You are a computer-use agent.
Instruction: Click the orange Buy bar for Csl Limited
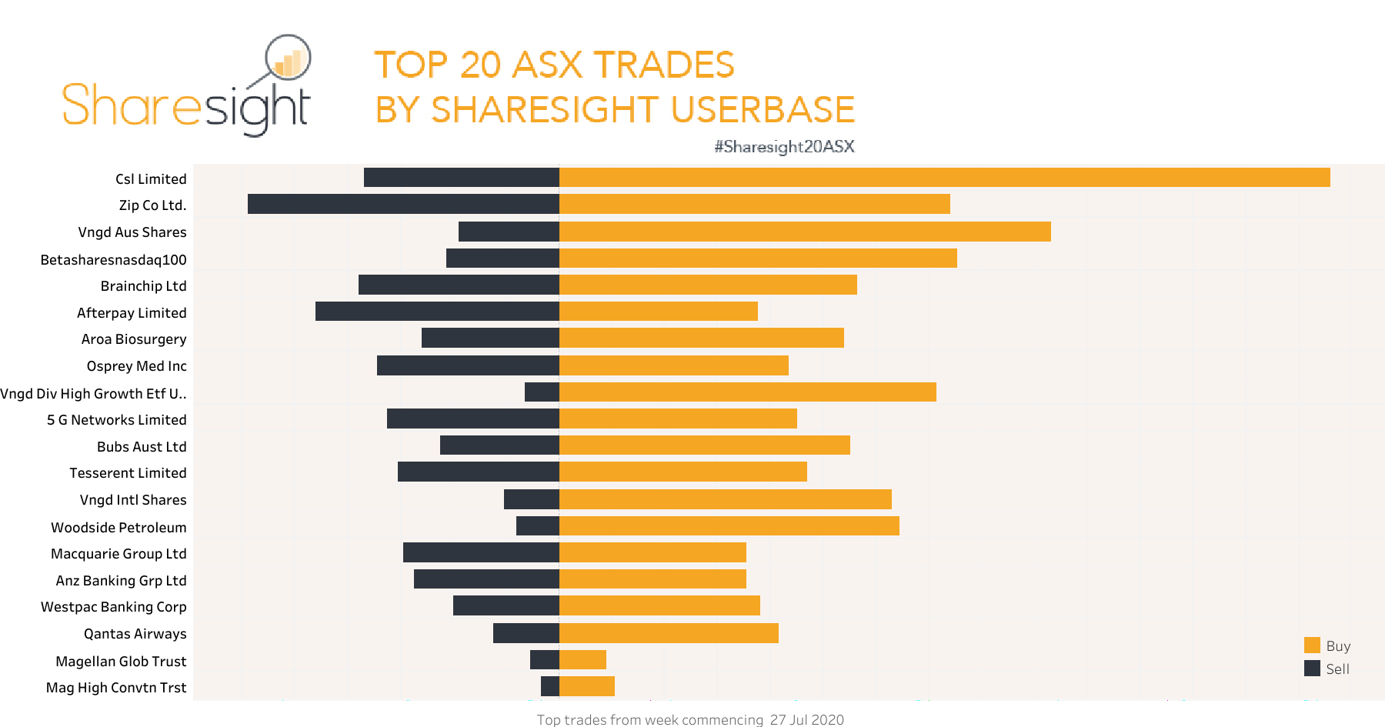point(944,178)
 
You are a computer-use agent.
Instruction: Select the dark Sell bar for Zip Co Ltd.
point(403,204)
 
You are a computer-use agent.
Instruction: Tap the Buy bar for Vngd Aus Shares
point(805,232)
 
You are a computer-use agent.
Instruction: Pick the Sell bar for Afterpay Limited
point(437,312)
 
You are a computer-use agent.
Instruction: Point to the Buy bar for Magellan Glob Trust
point(582,660)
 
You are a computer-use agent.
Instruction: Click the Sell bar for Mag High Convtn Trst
point(549,686)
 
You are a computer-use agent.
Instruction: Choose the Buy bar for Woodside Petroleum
point(729,526)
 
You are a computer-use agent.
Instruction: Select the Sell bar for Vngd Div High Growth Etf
point(542,392)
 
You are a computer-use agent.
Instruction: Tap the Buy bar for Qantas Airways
point(669,633)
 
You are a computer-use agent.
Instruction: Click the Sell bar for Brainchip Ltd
point(459,285)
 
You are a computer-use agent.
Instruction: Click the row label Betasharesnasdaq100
point(113,260)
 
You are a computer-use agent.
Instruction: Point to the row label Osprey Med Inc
point(136,366)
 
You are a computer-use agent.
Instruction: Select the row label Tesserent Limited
point(128,473)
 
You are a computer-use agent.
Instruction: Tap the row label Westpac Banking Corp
point(113,607)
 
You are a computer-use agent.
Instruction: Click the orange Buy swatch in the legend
point(1312,645)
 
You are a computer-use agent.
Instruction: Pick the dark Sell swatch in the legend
point(1312,669)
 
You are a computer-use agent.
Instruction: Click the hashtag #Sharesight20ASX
point(784,147)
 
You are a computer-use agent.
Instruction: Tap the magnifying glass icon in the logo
point(287,58)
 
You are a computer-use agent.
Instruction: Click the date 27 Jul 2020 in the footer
point(806,719)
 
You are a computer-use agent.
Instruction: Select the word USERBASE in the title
point(763,109)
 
